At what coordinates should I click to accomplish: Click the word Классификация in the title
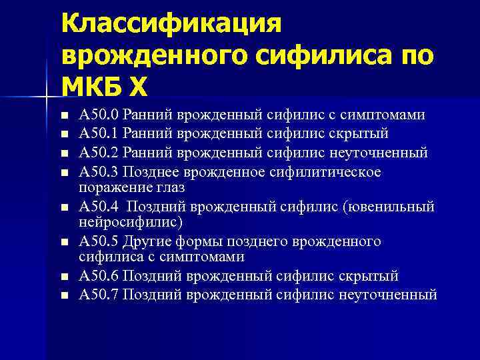[x=172, y=25]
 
